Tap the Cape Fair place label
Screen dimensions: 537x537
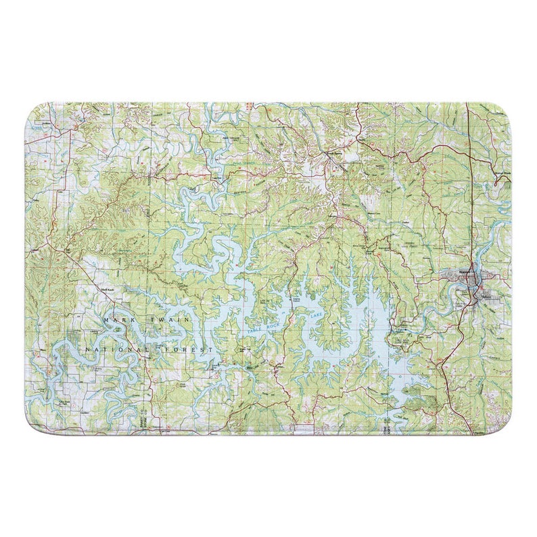click(x=218, y=178)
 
